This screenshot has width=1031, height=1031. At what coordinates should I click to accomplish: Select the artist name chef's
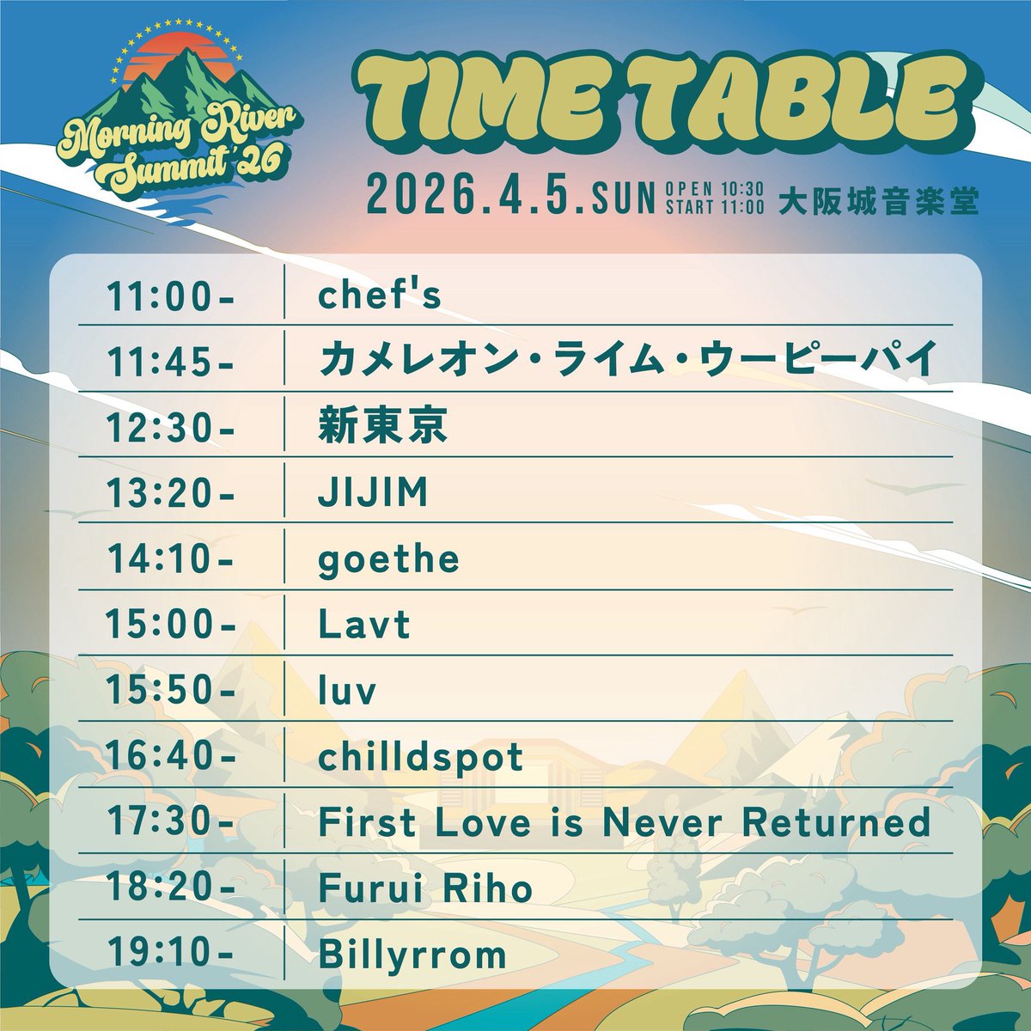pyautogui.click(x=379, y=296)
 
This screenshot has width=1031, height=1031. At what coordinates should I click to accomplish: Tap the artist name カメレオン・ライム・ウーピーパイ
pyautogui.click(x=625, y=362)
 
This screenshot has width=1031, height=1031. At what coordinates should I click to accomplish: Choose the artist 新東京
pyautogui.click(x=382, y=428)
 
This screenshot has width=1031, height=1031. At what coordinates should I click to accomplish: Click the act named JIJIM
pyautogui.click(x=373, y=494)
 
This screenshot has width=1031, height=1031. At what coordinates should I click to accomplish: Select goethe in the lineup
pyautogui.click(x=388, y=560)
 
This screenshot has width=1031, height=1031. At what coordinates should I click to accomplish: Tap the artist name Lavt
pyautogui.click(x=364, y=625)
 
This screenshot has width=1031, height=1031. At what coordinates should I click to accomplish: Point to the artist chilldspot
pyautogui.click(x=421, y=757)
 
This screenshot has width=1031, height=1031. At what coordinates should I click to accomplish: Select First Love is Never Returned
pyautogui.click(x=625, y=823)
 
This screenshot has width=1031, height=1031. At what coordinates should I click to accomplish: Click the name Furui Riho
pyautogui.click(x=425, y=888)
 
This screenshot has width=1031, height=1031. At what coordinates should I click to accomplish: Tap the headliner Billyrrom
pyautogui.click(x=412, y=955)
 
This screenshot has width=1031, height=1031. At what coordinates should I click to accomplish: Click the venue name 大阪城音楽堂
pyautogui.click(x=878, y=201)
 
